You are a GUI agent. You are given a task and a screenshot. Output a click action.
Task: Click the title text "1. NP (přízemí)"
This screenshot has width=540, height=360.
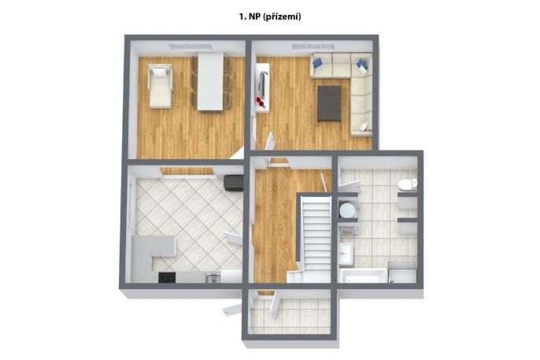click(270, 17)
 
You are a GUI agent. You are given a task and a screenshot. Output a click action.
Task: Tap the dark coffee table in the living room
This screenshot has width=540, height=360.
click(329, 104)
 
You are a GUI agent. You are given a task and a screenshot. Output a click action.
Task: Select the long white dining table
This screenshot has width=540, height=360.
click(210, 82)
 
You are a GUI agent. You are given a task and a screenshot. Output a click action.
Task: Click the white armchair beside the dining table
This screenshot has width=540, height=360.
click(160, 86)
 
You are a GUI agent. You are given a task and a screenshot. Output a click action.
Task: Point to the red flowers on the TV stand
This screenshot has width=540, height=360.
click(260, 102)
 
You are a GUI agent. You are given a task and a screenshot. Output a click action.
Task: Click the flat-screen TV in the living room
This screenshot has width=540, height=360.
click(263, 84)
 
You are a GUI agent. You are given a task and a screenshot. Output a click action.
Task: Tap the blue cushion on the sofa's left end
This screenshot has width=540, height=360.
click(317, 62)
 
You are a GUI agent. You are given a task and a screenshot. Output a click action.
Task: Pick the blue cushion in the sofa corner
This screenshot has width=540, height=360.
click(362, 65)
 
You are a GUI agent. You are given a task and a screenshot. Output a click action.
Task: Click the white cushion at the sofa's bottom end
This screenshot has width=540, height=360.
click(364, 127)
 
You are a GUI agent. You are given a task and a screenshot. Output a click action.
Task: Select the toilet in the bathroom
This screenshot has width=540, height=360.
click(408, 184)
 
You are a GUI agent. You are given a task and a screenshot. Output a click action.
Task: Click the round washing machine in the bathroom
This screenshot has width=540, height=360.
click(347, 210)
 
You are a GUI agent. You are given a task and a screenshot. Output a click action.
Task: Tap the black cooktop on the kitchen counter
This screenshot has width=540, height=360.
click(167, 277)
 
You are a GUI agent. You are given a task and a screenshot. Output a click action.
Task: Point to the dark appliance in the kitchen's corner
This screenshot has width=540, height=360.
click(233, 183)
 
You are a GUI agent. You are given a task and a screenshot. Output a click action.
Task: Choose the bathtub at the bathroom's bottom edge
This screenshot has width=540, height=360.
click(364, 276)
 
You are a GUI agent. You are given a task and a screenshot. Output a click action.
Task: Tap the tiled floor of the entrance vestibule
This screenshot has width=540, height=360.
click(290, 316)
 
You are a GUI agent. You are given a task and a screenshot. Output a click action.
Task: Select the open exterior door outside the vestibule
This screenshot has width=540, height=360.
click(231, 309)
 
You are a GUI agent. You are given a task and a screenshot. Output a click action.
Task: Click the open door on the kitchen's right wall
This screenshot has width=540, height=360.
click(233, 238)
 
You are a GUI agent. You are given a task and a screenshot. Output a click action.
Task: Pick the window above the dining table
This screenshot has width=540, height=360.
click(190, 46)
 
